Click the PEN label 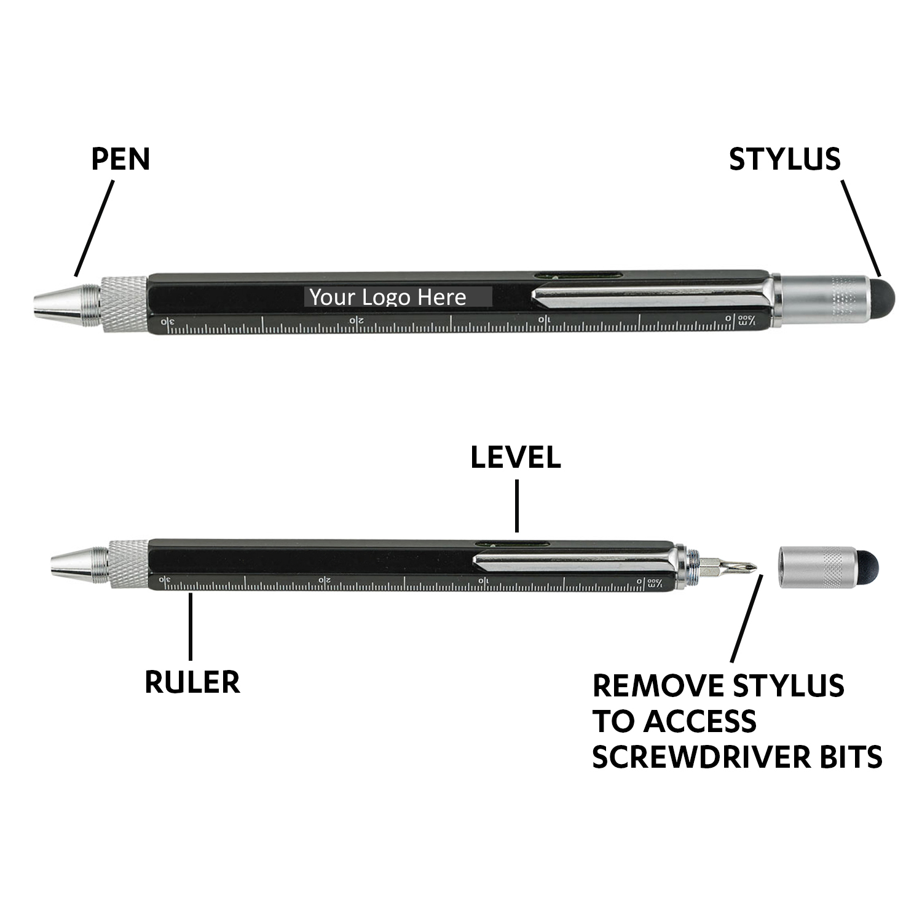(x=120, y=159)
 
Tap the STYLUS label (x=785, y=159)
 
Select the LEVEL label (x=516, y=457)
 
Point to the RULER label (x=192, y=682)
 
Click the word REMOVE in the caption (x=658, y=686)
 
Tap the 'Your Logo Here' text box (x=398, y=297)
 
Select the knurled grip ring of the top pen (x=124, y=304)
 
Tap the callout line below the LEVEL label (x=517, y=506)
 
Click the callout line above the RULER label (x=191, y=626)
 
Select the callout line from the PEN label (x=94, y=229)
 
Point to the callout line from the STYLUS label (x=861, y=227)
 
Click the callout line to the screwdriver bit (x=746, y=618)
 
